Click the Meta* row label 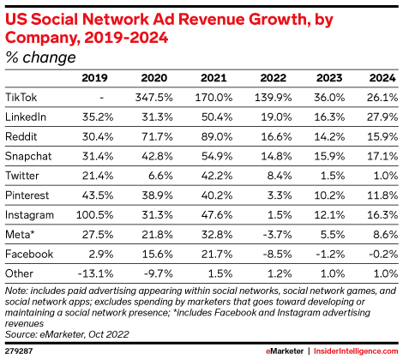[x=21, y=231]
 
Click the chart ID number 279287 [x=20, y=352]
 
